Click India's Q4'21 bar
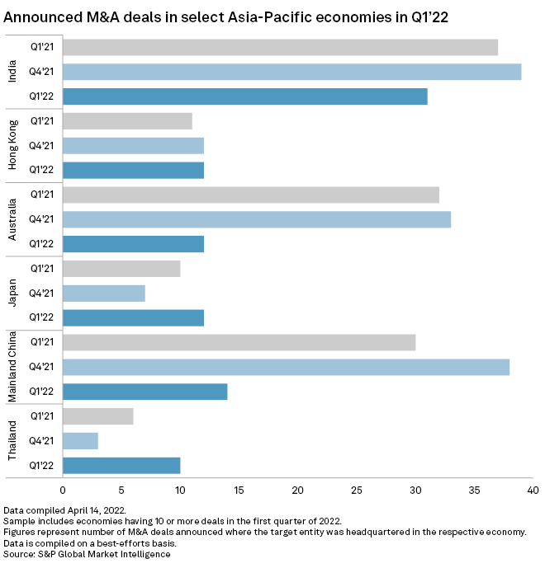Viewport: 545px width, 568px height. point(291,72)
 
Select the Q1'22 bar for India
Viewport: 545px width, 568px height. point(244,96)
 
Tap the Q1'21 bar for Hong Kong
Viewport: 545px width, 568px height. point(127,121)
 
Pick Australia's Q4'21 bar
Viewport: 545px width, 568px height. point(256,219)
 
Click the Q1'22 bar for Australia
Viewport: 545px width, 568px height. point(133,244)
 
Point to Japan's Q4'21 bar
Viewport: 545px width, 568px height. point(103,293)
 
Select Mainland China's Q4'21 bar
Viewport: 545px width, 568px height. point(286,367)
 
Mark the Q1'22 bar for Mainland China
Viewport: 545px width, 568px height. point(145,392)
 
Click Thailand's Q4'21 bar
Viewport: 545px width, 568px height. point(80,440)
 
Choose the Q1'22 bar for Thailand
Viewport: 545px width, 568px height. point(121,465)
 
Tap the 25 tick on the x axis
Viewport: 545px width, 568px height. point(356,491)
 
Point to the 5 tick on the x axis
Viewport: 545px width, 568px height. point(121,491)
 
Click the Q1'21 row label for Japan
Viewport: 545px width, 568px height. point(40,269)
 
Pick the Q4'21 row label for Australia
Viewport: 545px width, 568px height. point(40,219)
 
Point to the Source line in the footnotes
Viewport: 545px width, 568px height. point(86,554)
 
